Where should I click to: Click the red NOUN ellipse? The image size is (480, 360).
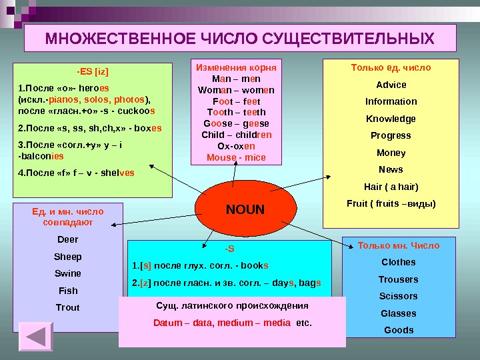point(245,211)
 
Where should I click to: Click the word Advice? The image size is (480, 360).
point(391,85)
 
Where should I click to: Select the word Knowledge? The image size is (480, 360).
point(391,119)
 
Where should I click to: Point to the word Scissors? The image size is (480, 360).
point(397,296)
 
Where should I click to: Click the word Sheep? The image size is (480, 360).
point(68,257)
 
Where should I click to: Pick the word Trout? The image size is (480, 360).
point(68,307)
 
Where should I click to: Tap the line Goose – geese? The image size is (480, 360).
point(236,124)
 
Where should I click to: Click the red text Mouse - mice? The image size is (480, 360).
point(236,158)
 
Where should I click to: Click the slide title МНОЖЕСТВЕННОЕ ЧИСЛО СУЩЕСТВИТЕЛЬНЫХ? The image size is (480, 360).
point(239,39)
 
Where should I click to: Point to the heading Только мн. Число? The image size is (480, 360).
point(399,245)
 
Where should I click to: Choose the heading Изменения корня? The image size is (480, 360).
point(236,67)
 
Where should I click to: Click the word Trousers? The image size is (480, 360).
point(398,279)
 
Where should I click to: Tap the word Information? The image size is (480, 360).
point(391,101)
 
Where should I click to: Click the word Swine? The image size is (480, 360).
point(68,273)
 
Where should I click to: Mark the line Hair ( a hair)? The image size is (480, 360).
point(391,186)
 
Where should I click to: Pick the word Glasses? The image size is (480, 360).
point(397,313)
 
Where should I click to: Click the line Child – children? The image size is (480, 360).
point(236,135)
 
